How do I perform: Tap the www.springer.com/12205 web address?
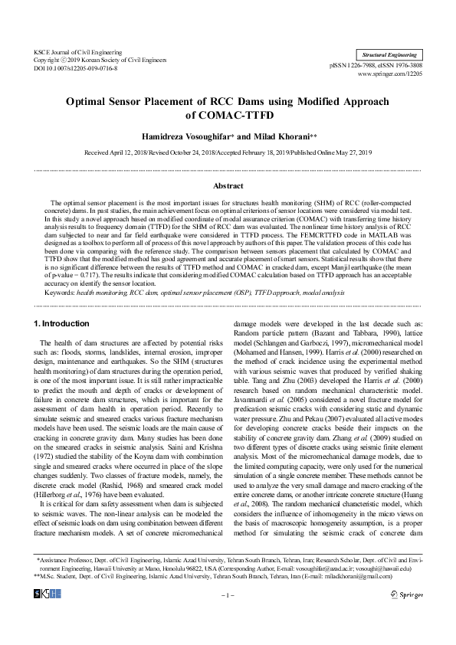tap(394, 75)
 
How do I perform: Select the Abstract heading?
tap(228, 185)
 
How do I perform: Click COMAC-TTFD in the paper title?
tap(228, 116)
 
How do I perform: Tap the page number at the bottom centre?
tap(228, 616)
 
